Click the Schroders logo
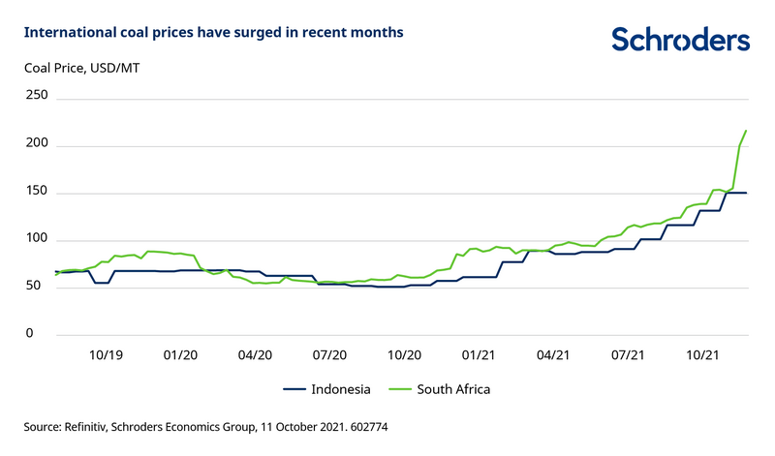click(x=680, y=39)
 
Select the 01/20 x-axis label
click(x=181, y=355)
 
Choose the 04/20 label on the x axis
click(x=255, y=355)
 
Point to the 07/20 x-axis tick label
click(x=329, y=355)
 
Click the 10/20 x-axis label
click(x=404, y=355)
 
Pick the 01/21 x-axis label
click(x=479, y=355)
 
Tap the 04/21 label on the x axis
click(x=552, y=355)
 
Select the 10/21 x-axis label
click(x=702, y=355)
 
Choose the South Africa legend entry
click(x=442, y=389)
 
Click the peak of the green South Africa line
click(x=746, y=130)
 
